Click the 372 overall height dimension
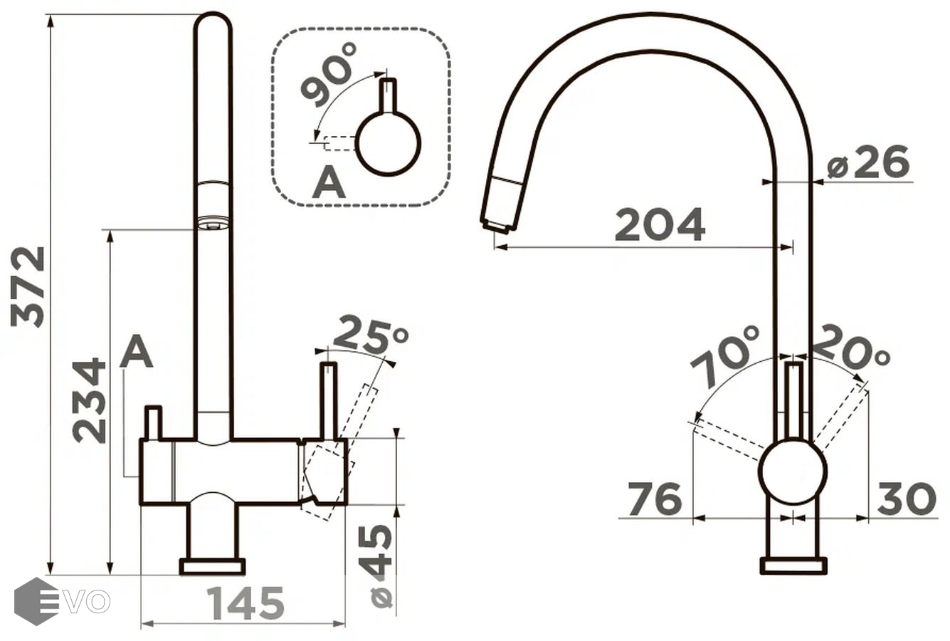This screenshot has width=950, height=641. point(28,288)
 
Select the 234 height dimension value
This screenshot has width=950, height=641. point(89,402)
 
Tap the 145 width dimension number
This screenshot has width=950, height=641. point(245,603)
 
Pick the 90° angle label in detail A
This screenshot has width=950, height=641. point(329,75)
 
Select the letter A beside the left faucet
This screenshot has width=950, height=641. point(136,352)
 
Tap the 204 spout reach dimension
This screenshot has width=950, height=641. point(660,224)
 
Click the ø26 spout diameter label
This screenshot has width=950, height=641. point(867,162)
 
